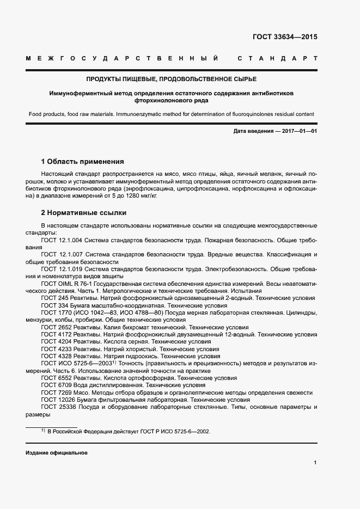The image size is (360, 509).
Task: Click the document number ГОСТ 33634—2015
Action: point(285,38)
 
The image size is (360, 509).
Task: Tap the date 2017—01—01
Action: point(297,132)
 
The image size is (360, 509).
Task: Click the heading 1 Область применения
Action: point(82,162)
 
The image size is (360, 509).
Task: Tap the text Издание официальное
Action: point(56,453)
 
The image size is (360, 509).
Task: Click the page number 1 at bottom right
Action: point(315,463)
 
